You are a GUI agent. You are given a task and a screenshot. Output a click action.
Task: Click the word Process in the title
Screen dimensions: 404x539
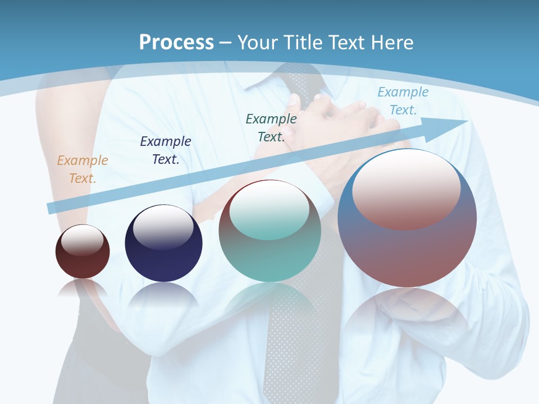pyautogui.click(x=176, y=43)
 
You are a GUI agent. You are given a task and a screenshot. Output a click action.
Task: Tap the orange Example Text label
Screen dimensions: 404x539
pyautogui.click(x=82, y=169)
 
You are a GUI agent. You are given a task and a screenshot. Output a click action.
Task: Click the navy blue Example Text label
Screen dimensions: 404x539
pyautogui.click(x=165, y=150)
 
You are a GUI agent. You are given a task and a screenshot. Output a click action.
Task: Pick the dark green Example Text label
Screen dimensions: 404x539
pyautogui.click(x=271, y=128)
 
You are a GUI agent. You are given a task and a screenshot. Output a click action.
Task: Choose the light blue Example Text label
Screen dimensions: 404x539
pyautogui.click(x=403, y=101)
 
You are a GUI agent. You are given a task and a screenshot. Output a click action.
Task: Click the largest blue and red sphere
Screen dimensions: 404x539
pyautogui.click(x=407, y=252)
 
